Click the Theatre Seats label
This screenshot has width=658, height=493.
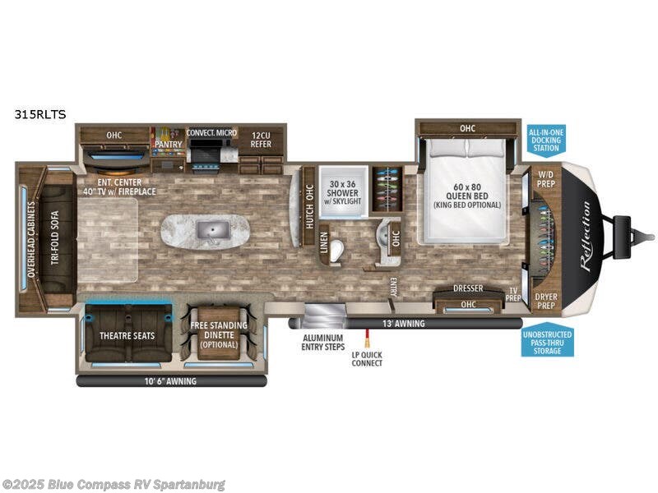[127, 335]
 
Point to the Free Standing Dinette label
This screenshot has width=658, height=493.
[218, 334]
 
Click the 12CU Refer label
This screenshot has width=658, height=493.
[261, 138]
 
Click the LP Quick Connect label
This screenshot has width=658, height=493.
[367, 358]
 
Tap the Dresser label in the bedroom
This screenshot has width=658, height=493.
[468, 288]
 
